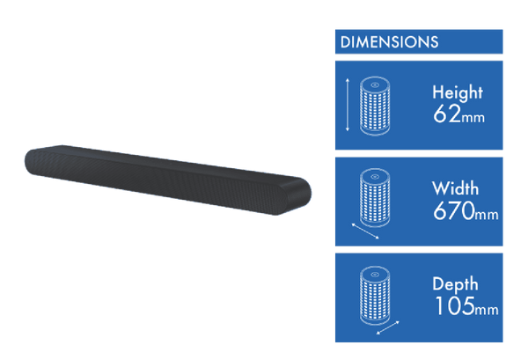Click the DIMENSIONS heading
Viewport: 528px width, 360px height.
coord(389,41)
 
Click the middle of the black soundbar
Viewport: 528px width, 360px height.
coord(167,176)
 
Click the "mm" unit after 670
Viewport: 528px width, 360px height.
coord(486,214)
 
